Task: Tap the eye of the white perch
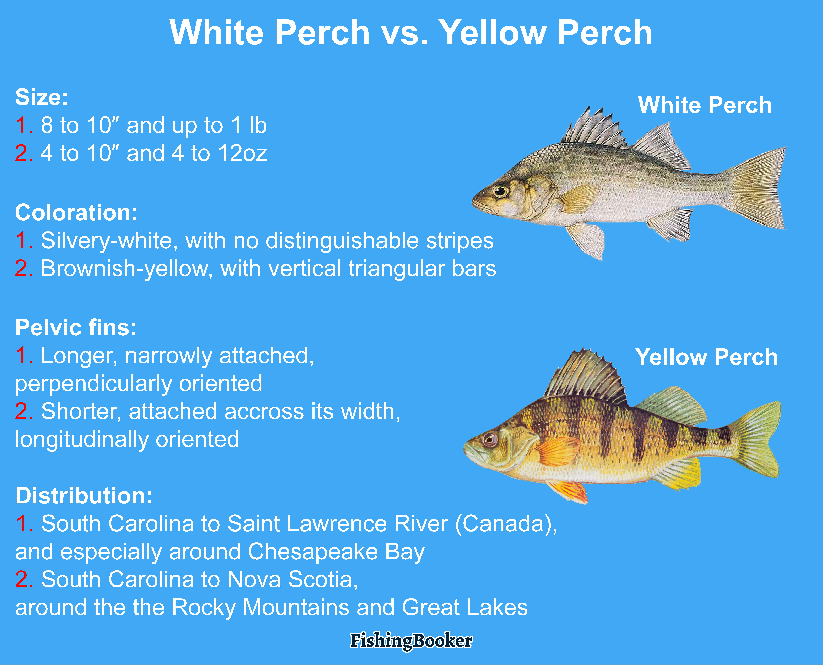click(500, 190)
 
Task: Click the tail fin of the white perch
click(757, 188)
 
